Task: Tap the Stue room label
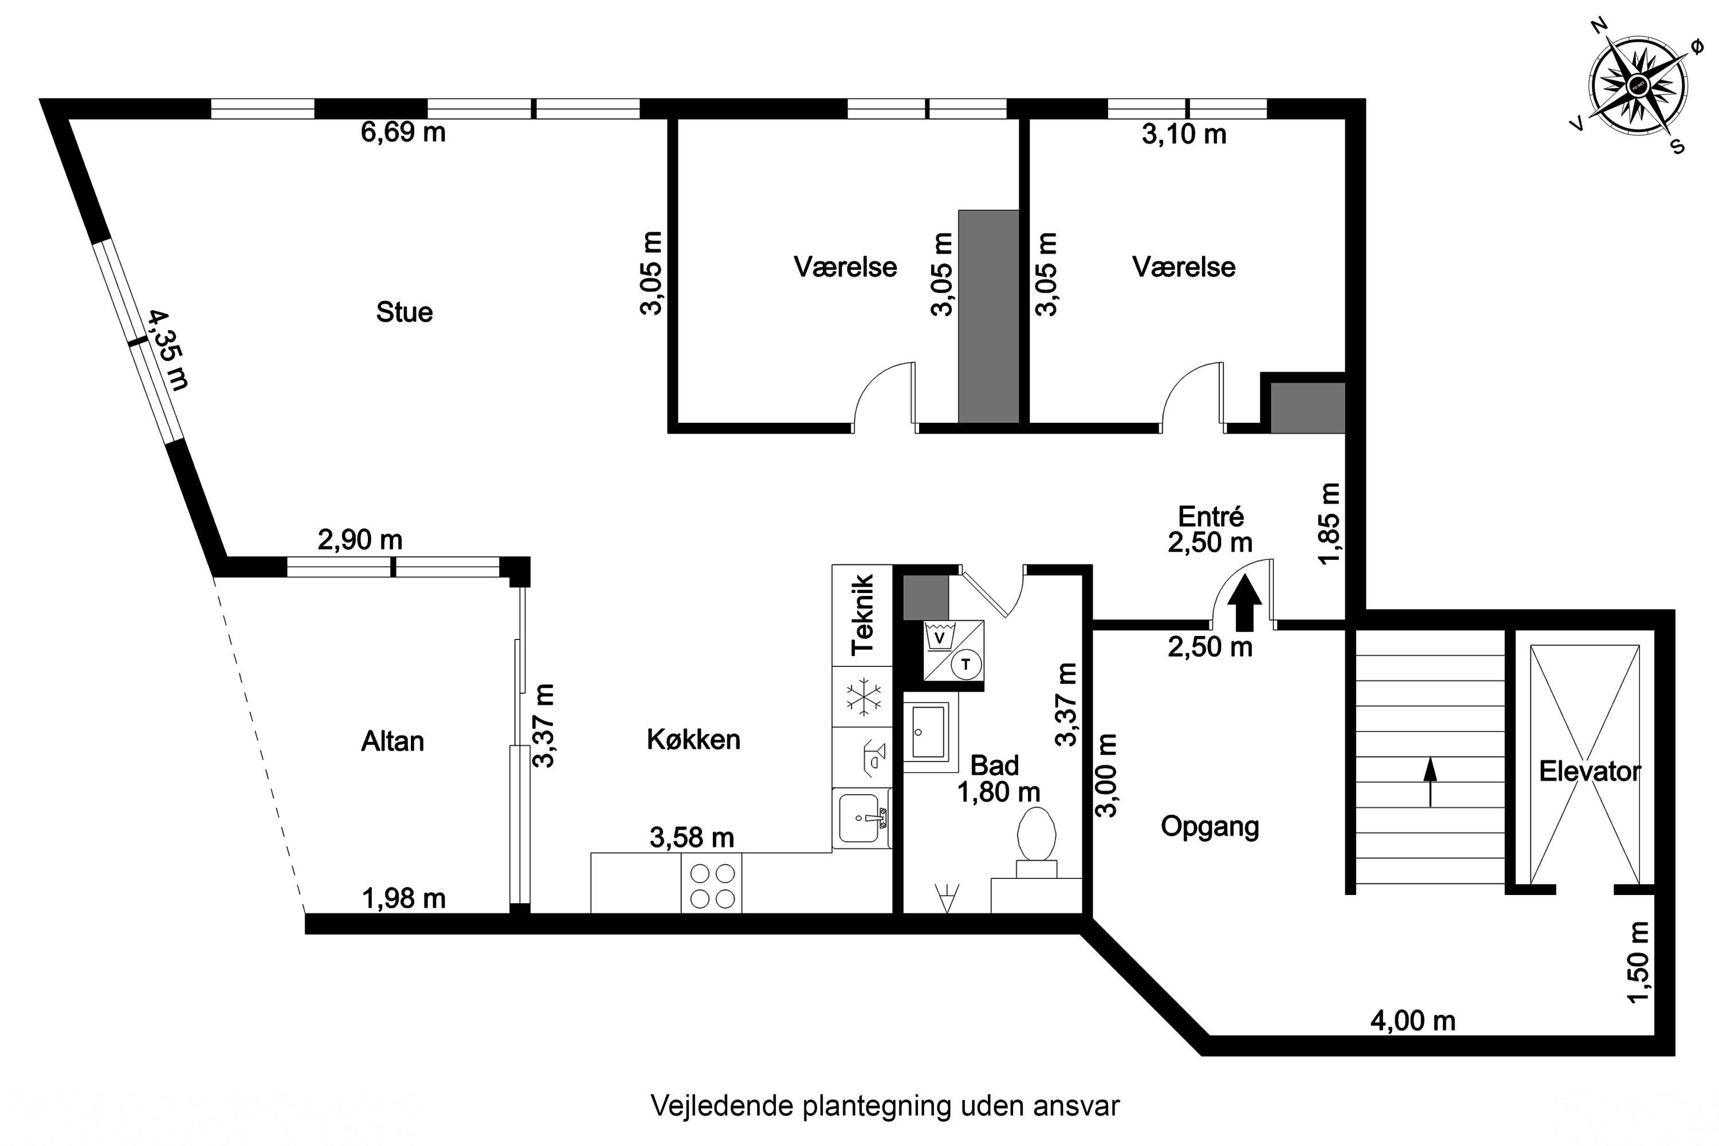404,313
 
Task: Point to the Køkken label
693,740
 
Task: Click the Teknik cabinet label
862,615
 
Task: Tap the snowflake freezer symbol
863,697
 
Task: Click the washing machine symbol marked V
941,637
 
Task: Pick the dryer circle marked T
966,664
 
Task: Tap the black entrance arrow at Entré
1245,604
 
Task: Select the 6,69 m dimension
403,132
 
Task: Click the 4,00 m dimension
1413,1021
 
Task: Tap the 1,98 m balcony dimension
404,898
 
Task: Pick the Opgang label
1210,827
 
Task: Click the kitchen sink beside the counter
862,819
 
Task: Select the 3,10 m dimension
1184,135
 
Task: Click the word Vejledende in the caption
723,1106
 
